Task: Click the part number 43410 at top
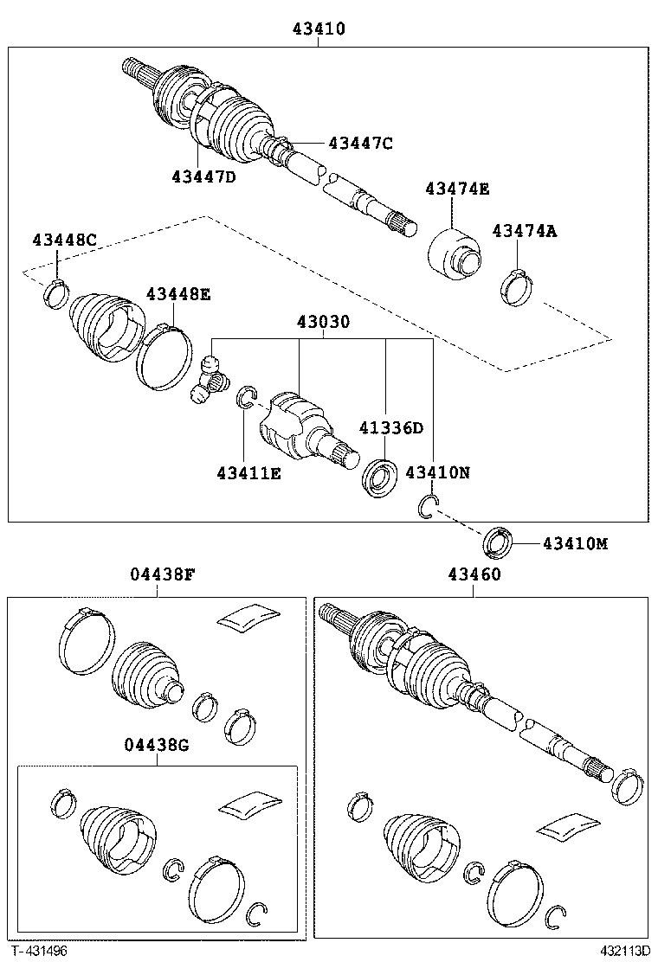[x=318, y=29]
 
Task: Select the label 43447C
[x=359, y=144]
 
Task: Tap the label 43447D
[x=203, y=176]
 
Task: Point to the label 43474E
[x=456, y=189]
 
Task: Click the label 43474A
[x=525, y=230]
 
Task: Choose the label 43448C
[x=64, y=240]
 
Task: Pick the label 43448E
[x=177, y=294]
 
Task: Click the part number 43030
[x=323, y=322]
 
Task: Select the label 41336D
[x=391, y=427]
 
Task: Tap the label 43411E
[x=248, y=472]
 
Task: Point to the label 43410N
[x=438, y=472]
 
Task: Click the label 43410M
[x=575, y=543]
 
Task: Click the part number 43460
[x=474, y=574]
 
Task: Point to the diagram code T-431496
[x=38, y=951]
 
